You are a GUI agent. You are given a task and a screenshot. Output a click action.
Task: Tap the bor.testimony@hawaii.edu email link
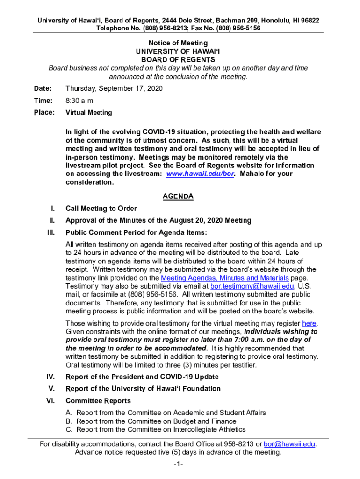click(x=252, y=286)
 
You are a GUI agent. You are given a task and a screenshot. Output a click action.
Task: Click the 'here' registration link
click(x=310, y=323)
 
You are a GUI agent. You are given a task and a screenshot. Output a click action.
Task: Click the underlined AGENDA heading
click(x=178, y=196)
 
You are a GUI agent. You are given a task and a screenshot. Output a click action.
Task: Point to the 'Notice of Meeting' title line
click(x=178, y=43)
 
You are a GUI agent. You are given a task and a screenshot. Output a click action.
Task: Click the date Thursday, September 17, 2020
click(x=114, y=88)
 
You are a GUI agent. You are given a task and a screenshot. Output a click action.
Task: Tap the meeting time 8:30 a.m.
click(x=80, y=101)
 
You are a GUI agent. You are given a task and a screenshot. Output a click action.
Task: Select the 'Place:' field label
click(x=44, y=112)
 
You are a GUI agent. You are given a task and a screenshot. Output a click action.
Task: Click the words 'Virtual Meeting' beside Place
click(x=89, y=112)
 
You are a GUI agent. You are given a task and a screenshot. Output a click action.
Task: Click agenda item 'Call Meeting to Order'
click(x=101, y=209)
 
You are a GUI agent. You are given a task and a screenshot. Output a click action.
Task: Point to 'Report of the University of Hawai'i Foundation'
click(x=143, y=389)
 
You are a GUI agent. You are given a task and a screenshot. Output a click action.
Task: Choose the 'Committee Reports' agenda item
click(x=98, y=401)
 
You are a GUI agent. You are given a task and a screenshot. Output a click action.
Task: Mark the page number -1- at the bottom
click(x=177, y=464)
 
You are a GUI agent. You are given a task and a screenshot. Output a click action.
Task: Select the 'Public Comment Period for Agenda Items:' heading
click(x=137, y=232)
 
